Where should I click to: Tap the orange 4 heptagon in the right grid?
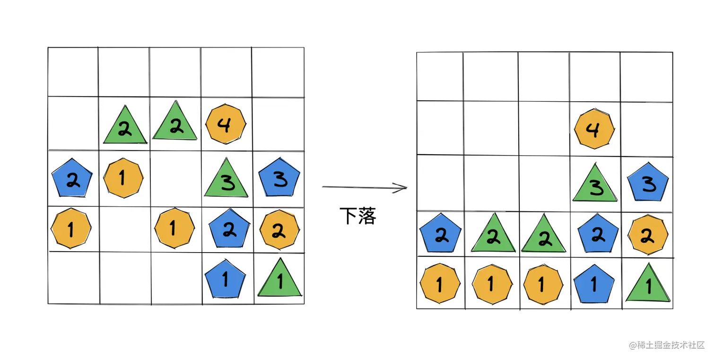(594, 129)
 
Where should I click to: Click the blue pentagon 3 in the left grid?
(279, 177)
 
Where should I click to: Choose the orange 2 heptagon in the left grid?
(279, 230)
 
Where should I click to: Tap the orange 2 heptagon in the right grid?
(648, 235)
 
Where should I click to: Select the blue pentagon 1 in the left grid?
(225, 280)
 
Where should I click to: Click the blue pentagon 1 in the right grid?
(594, 284)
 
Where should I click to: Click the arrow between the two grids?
(364, 188)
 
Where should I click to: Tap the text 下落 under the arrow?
(358, 216)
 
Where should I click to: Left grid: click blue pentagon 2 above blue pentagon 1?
(229, 229)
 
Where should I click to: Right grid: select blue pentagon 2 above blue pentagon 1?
(598, 233)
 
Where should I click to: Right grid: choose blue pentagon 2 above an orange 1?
(441, 234)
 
